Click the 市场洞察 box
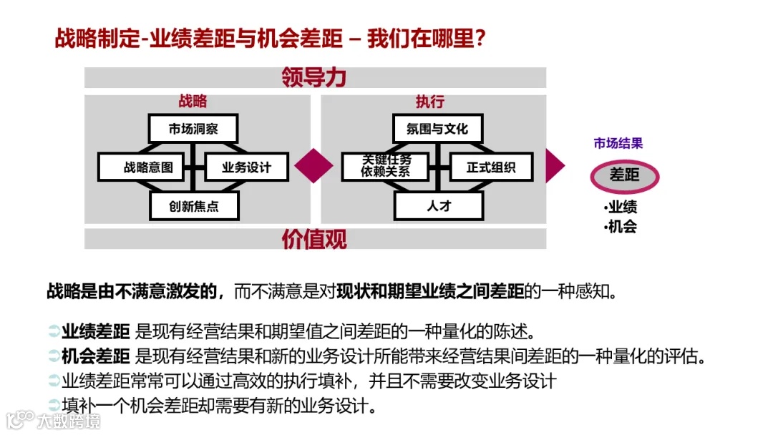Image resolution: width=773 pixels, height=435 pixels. (193, 129)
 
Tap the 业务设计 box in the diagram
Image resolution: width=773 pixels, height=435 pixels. (246, 167)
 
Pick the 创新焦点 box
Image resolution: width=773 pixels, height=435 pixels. (193, 207)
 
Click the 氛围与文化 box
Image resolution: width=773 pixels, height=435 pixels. (437, 129)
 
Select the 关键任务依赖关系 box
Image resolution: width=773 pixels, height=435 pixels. (386, 167)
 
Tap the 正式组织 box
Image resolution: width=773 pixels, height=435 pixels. (490, 167)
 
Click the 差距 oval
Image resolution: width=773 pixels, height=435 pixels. (624, 175)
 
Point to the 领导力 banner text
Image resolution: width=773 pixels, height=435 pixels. (314, 77)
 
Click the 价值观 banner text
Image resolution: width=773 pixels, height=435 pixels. (314, 239)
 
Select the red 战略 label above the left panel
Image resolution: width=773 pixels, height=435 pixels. (193, 102)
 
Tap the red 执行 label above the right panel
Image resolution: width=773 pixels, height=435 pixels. (429, 102)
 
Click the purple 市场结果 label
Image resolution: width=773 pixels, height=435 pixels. (618, 143)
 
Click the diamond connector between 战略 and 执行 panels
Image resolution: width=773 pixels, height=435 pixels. (313, 166)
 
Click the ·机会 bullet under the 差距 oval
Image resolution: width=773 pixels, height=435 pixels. (620, 227)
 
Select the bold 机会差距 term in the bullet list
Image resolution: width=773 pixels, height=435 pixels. (95, 356)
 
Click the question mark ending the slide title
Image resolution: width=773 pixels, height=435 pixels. (481, 39)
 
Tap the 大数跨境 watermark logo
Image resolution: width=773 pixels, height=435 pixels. (53, 419)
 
